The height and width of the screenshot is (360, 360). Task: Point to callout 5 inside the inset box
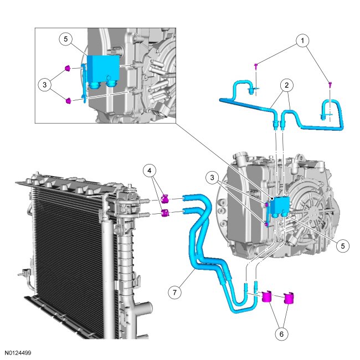pyautogui.click(x=66, y=39)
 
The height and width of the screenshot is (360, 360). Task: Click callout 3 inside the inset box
pyautogui.click(x=44, y=85)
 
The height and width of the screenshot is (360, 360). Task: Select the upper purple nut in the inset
pyautogui.click(x=68, y=69)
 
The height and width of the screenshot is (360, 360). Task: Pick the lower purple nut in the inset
pyautogui.click(x=68, y=101)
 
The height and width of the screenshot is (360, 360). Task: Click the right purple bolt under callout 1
pyautogui.click(x=330, y=84)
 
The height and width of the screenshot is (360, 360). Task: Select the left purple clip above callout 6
pyautogui.click(x=267, y=296)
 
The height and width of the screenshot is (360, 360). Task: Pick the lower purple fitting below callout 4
pyautogui.click(x=164, y=213)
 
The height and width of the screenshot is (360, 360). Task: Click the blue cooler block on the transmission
pyautogui.click(x=280, y=207)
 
